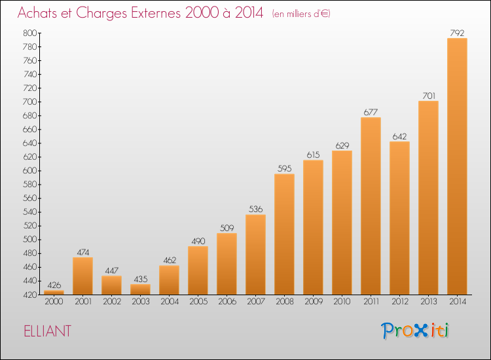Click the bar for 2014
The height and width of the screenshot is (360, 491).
tap(457, 166)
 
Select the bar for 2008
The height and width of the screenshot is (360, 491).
tap(284, 234)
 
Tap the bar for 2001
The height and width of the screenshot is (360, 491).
tap(82, 276)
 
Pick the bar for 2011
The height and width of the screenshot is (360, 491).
tap(371, 206)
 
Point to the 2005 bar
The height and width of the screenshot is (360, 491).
tap(198, 270)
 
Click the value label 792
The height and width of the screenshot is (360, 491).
tap(457, 33)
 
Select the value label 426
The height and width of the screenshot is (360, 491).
tap(54, 285)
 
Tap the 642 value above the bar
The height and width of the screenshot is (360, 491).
tap(399, 136)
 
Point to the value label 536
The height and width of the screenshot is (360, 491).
tap(255, 209)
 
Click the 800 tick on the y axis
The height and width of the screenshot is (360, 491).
tap(30, 33)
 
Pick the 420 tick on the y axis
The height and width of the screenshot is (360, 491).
tap(30, 295)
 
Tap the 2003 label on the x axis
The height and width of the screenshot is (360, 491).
tap(140, 302)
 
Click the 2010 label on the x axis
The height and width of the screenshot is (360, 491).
tap(342, 302)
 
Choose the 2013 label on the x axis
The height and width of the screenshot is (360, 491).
tap(428, 302)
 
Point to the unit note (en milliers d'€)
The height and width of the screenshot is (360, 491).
tap(300, 14)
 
